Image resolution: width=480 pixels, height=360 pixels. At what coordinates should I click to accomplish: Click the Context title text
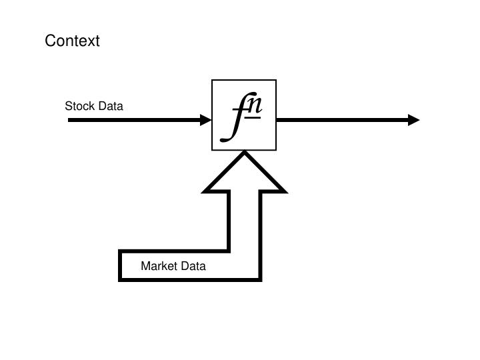[72, 41]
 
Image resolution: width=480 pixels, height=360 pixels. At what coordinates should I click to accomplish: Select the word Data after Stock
[110, 106]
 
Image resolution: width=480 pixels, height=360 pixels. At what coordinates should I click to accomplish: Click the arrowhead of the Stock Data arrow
[206, 120]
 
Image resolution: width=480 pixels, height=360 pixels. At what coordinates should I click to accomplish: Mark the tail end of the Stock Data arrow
[70, 120]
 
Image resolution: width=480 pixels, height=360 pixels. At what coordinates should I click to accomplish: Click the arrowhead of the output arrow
[414, 120]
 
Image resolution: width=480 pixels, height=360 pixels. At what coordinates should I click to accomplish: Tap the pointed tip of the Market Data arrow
[245, 153]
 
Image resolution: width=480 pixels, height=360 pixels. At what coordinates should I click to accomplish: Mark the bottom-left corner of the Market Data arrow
[121, 279]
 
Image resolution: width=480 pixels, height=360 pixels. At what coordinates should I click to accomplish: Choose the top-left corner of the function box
[212, 80]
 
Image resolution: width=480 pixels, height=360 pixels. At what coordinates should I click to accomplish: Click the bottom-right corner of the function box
[276, 151]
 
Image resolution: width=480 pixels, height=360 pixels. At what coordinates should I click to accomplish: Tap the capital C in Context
[50, 41]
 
